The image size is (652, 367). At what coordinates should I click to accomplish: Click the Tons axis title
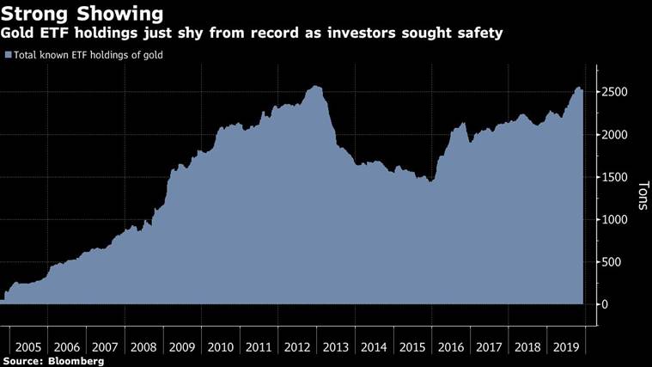[641, 199]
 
